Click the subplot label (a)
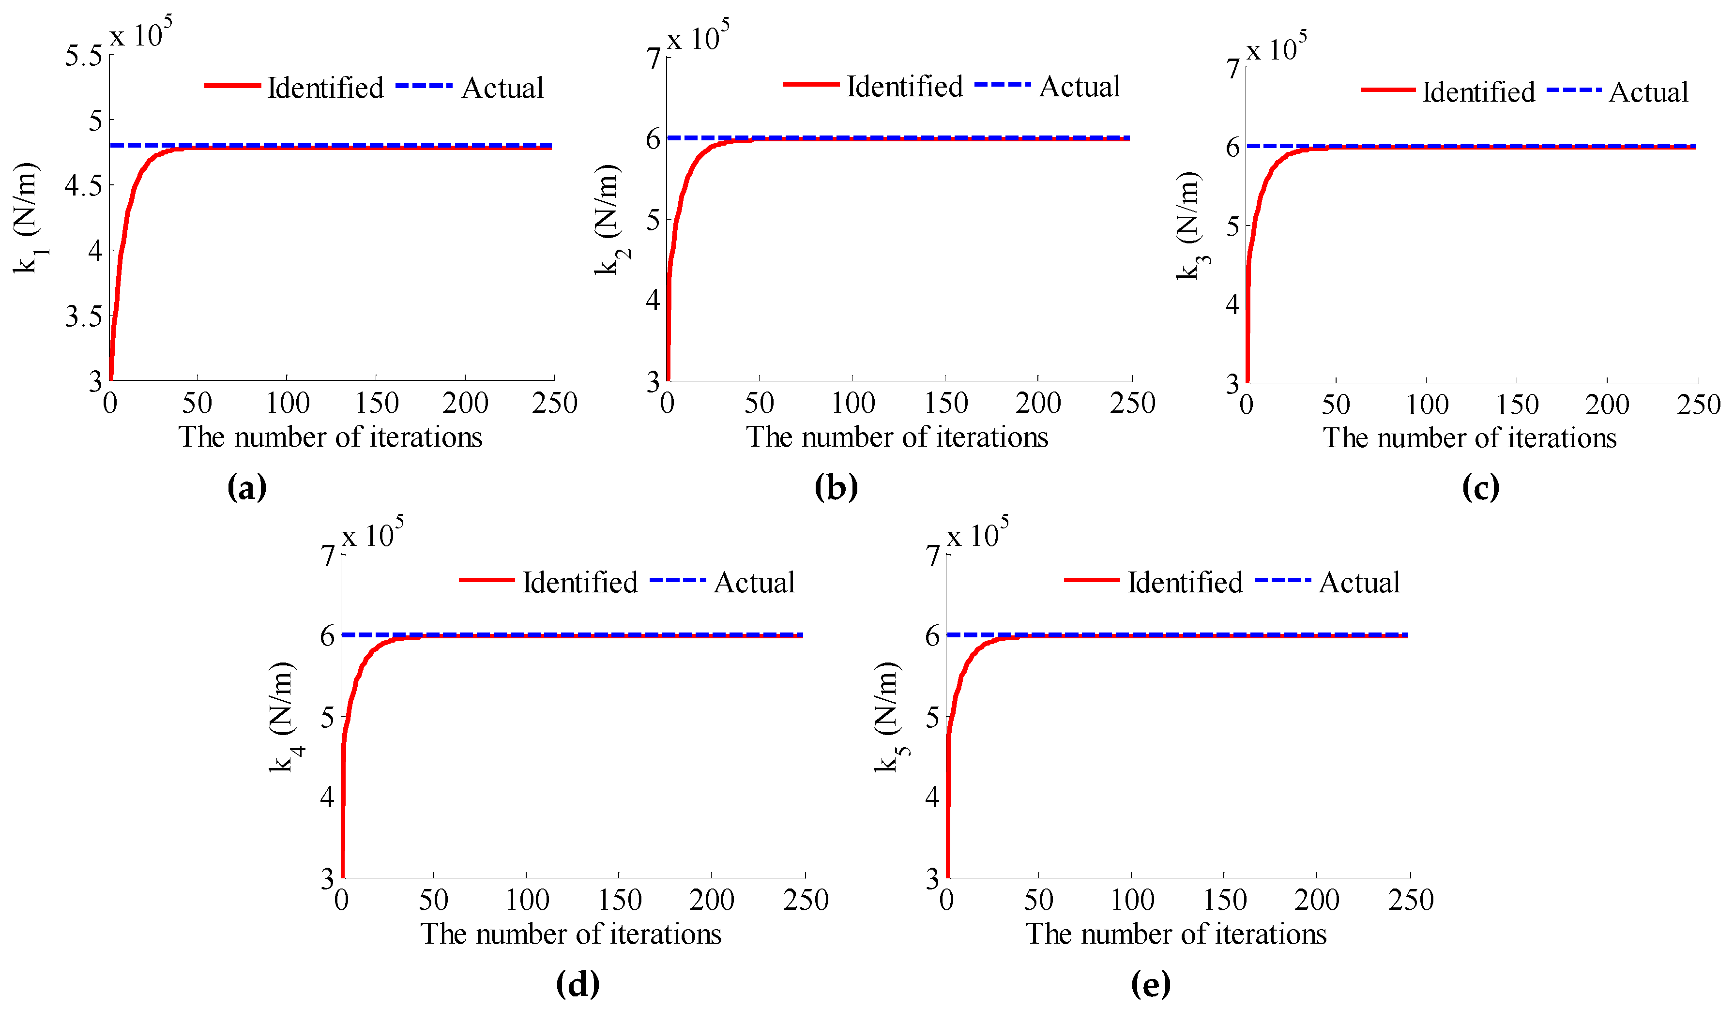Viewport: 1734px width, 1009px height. [246, 488]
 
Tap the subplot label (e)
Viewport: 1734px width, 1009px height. [1151, 985]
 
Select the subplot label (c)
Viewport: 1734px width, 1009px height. [1480, 488]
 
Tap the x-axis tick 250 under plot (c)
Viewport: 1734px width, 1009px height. [1698, 405]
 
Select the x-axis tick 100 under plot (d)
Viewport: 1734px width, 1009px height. [527, 900]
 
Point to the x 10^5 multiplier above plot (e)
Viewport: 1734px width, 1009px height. [977, 534]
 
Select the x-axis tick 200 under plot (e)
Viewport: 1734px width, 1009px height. [1316, 900]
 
